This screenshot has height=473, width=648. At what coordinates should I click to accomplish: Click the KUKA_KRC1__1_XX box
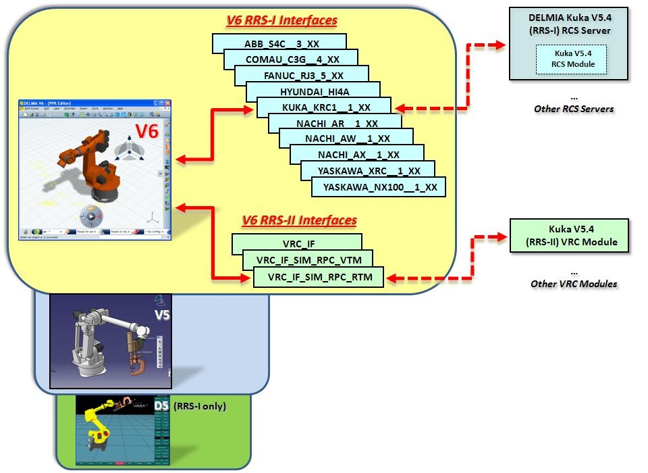click(323, 107)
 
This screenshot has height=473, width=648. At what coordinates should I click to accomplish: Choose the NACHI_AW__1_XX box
click(348, 139)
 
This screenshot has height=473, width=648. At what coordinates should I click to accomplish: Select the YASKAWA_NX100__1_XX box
click(379, 186)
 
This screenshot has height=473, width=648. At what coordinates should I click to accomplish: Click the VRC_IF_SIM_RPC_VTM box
click(307, 260)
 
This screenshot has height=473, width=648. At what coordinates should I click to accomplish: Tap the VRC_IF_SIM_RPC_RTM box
click(318, 276)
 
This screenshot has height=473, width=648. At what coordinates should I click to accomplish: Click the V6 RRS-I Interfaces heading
click(281, 20)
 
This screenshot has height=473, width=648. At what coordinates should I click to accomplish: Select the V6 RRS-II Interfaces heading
click(299, 220)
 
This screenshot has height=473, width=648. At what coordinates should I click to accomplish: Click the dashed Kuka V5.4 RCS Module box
click(571, 59)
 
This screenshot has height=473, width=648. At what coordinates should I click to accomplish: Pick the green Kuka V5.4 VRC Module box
click(569, 235)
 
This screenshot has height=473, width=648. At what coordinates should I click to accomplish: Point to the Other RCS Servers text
click(573, 108)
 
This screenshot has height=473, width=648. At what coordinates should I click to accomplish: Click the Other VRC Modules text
click(574, 284)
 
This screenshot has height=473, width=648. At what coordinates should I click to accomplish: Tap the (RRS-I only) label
click(200, 406)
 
